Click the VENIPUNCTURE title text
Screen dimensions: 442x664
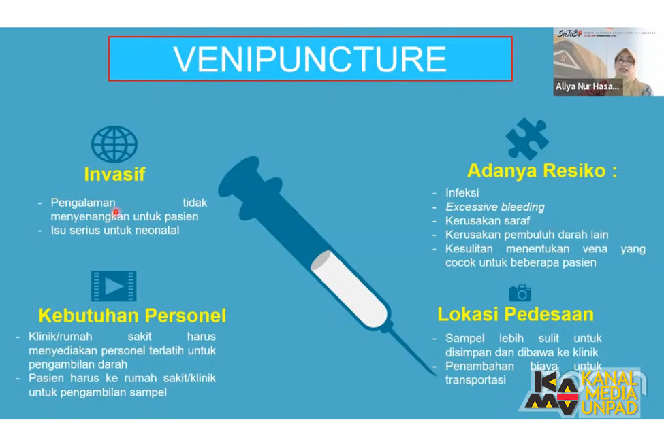pos(310,59)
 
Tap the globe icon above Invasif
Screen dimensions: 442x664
pos(114,143)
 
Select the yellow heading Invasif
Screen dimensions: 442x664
pos(114,174)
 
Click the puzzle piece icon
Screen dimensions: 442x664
pos(526,139)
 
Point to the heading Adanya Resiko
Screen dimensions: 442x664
pos(541,170)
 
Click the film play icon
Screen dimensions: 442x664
pos(114,286)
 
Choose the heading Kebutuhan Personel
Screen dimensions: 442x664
pos(132,316)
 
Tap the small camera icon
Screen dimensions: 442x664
pos(520,293)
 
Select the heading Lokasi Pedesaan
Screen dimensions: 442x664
pos(516,314)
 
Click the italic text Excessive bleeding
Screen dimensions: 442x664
pos(495,207)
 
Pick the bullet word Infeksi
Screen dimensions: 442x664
pos(462,193)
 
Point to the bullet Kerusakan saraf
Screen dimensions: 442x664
pos(488,221)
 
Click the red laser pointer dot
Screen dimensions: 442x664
pos(116,213)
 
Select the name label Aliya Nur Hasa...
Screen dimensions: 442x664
pos(587,86)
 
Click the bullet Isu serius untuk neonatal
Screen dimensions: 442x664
pos(115,231)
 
